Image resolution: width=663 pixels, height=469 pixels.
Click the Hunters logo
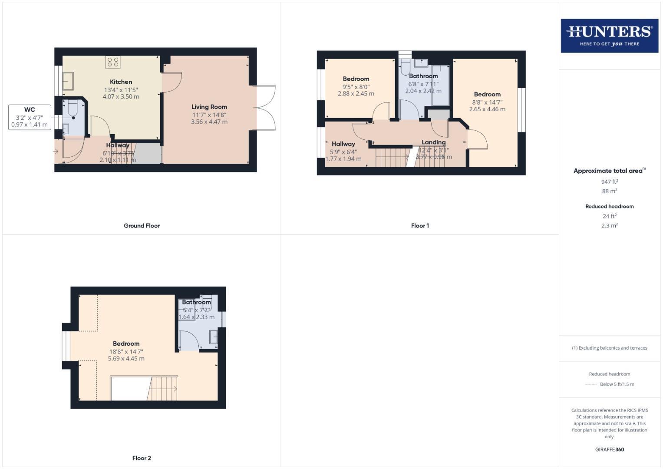click(609, 36)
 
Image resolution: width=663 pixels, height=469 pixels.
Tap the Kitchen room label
click(121, 82)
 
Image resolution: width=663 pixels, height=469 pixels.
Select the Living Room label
click(209, 107)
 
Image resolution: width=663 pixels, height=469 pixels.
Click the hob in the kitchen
click(113, 62)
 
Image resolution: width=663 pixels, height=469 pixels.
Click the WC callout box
click(29, 117)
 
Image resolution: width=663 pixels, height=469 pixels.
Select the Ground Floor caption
click(142, 226)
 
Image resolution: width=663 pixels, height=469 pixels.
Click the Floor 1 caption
click(420, 226)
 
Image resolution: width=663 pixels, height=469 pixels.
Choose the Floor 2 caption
click(142, 458)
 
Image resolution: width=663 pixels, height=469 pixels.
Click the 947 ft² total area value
click(609, 182)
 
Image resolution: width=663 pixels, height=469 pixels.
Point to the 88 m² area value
click(609, 191)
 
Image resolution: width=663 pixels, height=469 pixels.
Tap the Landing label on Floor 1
click(433, 142)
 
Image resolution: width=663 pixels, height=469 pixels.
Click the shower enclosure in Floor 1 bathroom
click(441, 85)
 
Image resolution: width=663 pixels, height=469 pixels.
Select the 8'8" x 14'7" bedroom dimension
click(487, 102)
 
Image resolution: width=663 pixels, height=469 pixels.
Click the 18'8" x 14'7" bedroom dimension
click(126, 352)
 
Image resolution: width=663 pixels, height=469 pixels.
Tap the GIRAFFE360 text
click(609, 449)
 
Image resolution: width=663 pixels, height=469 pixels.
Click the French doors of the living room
click(265, 108)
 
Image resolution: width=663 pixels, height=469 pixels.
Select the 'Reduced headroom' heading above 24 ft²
click(609, 206)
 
